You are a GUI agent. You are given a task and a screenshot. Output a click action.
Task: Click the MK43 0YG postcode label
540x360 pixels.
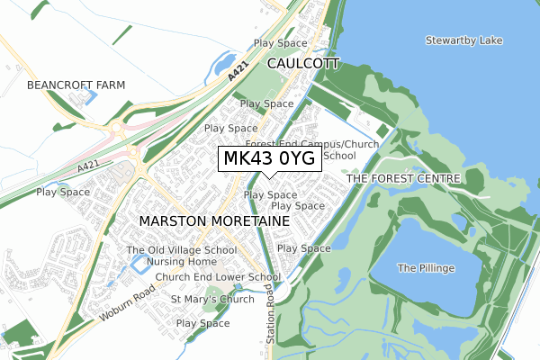tap(269, 159)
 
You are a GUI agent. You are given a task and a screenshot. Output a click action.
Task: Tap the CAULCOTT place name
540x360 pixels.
tap(303, 64)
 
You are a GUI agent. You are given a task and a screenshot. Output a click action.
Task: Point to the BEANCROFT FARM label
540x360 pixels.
tap(76, 85)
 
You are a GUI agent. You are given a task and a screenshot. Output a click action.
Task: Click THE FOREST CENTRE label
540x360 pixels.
tap(403, 179)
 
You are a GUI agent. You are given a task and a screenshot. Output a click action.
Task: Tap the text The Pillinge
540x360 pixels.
tap(426, 268)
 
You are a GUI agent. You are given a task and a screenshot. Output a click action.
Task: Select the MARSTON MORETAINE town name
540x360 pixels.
tap(214, 220)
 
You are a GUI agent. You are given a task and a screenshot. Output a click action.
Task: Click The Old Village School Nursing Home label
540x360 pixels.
tap(182, 256)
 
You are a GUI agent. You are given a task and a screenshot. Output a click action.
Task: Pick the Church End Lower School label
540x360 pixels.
tap(218, 277)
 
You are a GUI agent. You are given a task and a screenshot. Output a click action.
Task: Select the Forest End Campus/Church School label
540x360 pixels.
tap(311, 149)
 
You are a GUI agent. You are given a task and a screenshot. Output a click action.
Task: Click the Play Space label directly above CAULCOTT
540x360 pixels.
tap(281, 42)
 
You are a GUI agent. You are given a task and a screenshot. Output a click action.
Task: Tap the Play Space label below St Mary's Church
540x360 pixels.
tap(203, 323)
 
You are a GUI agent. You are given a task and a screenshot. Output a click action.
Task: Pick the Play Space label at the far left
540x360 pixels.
tap(63, 192)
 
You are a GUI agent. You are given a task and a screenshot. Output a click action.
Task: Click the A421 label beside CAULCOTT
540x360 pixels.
tap(237, 79)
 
